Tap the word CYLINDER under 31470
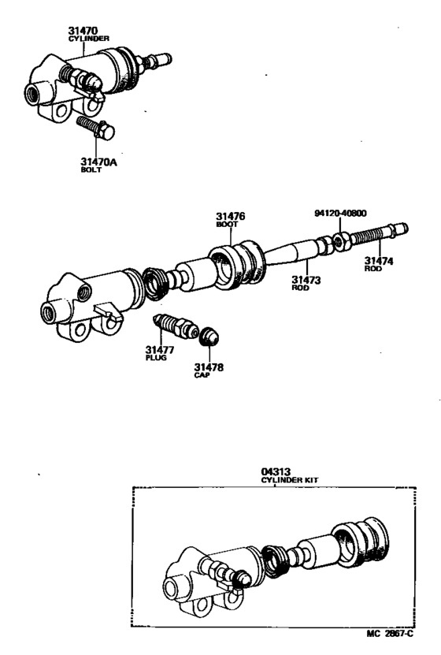88,37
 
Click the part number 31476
232,215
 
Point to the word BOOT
227,224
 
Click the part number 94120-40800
340,213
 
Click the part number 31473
305,279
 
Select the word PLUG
156,357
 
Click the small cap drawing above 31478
209,337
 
